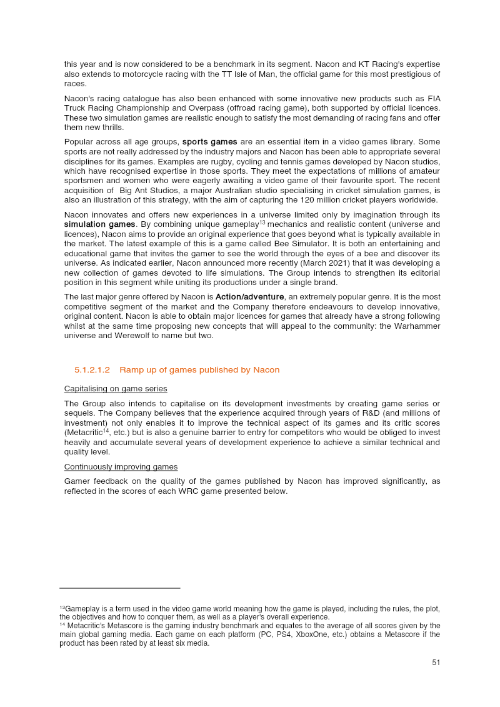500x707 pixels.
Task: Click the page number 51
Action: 436,663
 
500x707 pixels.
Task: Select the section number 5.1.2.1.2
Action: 92,370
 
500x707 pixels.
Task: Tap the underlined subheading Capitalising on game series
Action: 116,389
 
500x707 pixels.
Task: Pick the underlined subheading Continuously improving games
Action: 121,467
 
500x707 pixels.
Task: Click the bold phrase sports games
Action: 209,142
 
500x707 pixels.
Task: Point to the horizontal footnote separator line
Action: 120,588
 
